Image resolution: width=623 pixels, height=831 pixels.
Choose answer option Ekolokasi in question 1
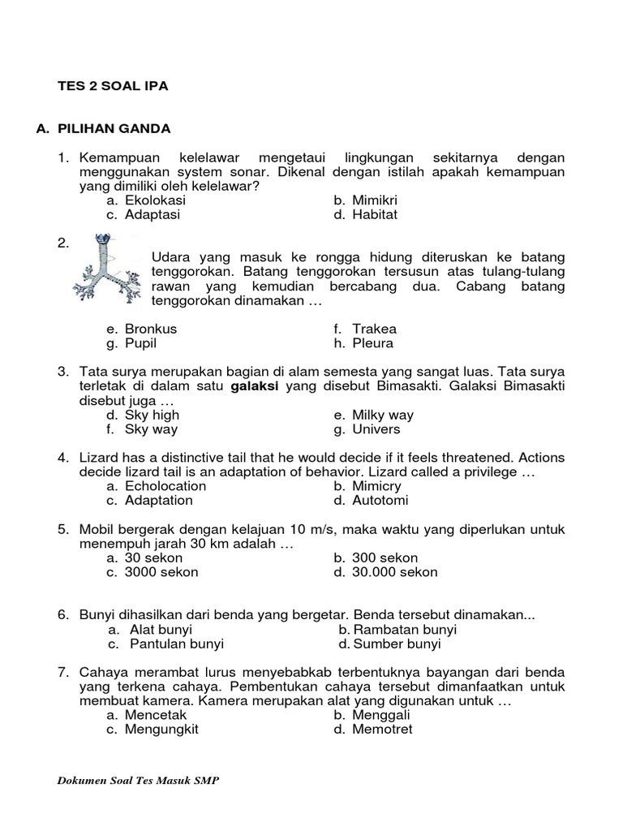click(x=155, y=200)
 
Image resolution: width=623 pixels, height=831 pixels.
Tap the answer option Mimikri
click(x=375, y=200)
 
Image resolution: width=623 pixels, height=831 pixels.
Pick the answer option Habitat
click(x=375, y=215)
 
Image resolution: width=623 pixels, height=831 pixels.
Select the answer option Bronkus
click(x=151, y=329)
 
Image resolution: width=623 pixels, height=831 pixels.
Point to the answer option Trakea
click(x=374, y=329)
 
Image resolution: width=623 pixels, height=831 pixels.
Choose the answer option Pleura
click(x=373, y=343)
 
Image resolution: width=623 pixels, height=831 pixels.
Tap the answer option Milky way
click(x=384, y=415)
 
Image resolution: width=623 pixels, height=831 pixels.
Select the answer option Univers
click(x=376, y=429)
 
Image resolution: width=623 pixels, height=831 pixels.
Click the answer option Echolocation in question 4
click(x=165, y=486)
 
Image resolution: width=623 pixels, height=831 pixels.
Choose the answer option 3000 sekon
click(x=161, y=572)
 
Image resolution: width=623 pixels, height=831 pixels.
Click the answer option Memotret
click(x=382, y=730)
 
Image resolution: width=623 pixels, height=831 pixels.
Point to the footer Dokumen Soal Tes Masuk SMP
click(x=139, y=780)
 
